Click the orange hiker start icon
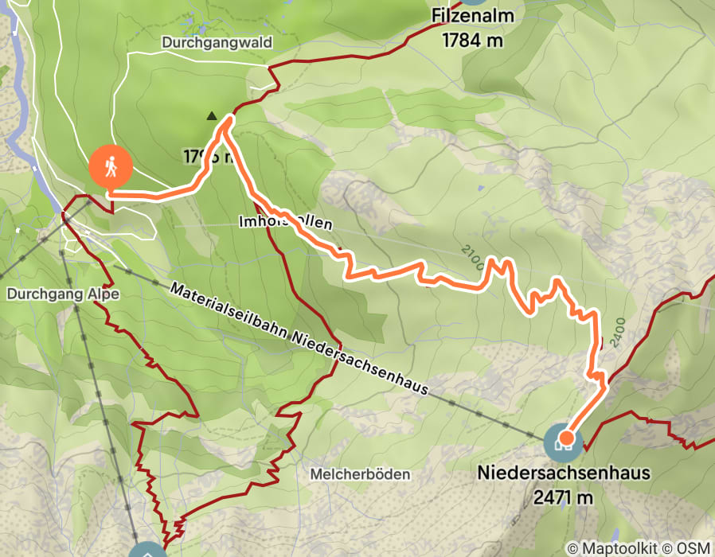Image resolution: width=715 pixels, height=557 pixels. coord(111,167)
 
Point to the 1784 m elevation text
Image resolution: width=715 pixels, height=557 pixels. coord(475,40)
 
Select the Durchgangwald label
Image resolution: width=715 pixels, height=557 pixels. coord(217,41)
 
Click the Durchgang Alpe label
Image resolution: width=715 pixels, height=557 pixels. coord(63,294)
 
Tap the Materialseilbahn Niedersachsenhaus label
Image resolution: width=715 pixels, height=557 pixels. coord(299,338)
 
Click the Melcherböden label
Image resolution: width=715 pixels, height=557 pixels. coord(360,474)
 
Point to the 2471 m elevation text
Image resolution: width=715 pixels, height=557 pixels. coord(564,498)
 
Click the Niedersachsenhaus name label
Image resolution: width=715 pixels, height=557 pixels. coord(564,473)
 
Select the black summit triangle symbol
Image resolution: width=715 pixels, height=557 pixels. coord(212,115)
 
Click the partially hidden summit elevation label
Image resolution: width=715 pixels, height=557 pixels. coord(205,158)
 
